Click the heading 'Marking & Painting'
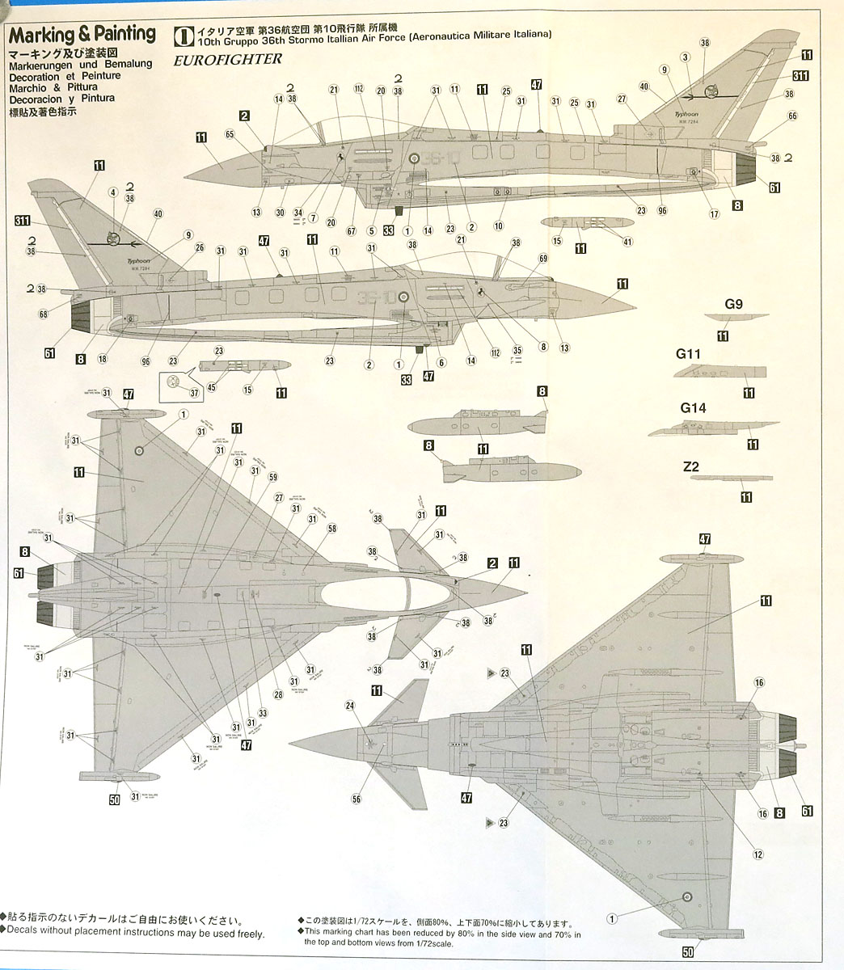(82, 35)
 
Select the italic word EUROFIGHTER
(227, 59)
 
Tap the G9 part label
(733, 304)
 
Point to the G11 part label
(688, 353)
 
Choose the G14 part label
(693, 408)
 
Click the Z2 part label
(690, 466)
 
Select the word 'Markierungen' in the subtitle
(43, 64)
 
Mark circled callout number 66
(792, 116)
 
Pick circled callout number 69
(542, 258)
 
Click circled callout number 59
(272, 476)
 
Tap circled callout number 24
(350, 706)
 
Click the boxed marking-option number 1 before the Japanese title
(183, 35)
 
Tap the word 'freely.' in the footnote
(249, 934)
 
